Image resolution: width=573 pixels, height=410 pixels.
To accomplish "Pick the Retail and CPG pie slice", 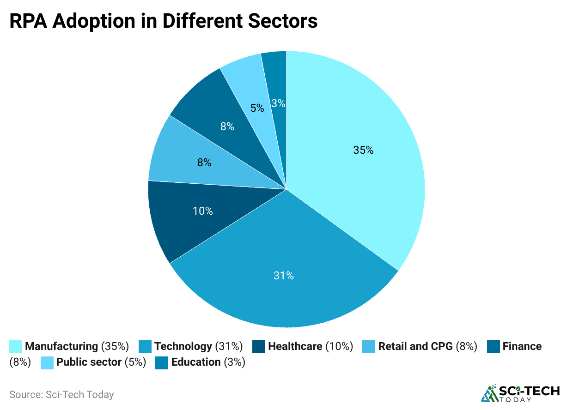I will pos(194,159).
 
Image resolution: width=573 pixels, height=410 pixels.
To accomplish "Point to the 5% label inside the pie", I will pos(257,108).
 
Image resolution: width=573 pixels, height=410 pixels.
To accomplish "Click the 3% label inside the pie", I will pos(278,103).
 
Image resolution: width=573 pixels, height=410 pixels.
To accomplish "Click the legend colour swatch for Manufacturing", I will pos(16,346).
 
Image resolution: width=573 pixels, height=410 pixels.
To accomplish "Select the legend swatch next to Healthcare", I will pos(259,346).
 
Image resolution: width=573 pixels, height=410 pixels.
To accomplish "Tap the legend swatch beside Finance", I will pos(494,346).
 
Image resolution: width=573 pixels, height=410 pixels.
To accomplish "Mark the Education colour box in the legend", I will pos(162,362).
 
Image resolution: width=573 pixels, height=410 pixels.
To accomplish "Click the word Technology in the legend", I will pos(183,346).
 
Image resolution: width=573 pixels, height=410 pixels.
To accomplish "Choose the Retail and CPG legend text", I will pos(415,346).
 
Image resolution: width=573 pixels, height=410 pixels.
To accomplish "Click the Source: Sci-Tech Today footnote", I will pos(61,395).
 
